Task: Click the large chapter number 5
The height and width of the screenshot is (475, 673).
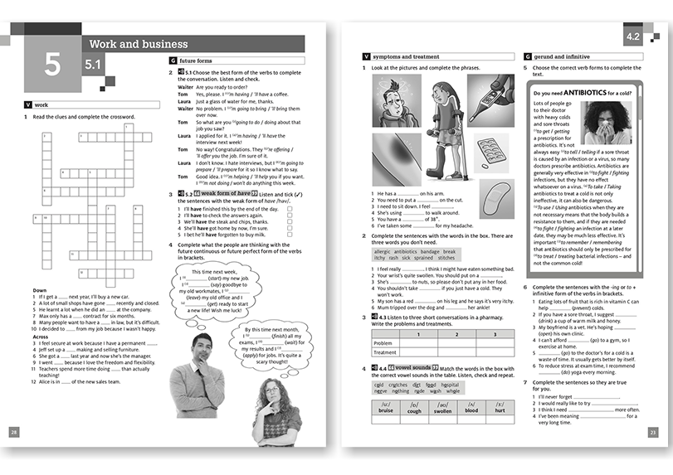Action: (52, 65)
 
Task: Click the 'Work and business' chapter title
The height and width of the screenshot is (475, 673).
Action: (138, 44)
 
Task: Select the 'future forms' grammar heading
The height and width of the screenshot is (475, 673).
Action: (196, 61)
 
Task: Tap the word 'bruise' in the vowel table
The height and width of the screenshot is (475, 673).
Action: (386, 410)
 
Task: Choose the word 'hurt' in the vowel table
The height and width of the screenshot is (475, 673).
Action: (500, 410)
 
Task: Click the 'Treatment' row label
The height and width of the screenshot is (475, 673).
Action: (386, 352)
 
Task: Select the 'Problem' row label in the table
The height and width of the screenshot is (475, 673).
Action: (383, 342)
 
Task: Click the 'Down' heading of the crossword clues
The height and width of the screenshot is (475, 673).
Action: (39, 290)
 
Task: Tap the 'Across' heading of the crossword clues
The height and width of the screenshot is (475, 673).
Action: (41, 337)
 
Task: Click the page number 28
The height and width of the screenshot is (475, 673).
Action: (13, 432)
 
